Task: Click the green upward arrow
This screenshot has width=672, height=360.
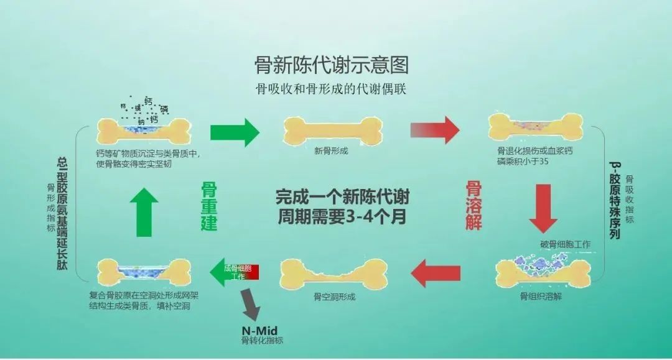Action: (x=144, y=211)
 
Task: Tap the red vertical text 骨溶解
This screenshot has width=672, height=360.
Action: (x=474, y=206)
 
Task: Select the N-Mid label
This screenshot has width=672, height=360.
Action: (x=258, y=330)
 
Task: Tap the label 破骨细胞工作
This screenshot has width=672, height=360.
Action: (x=566, y=244)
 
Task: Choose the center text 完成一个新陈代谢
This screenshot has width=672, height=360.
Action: (x=343, y=197)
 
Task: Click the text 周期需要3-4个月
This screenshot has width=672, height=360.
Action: (x=343, y=218)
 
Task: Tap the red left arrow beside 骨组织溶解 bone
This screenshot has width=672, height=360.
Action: (x=436, y=272)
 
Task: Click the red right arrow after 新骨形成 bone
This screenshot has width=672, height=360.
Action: (x=435, y=130)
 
